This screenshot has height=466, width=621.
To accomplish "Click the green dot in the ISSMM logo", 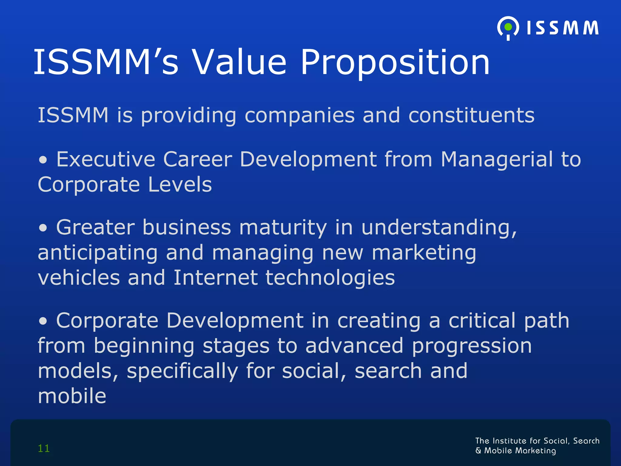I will (508, 27).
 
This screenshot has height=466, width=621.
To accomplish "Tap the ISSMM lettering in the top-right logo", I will (562, 28).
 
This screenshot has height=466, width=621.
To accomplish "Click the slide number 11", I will (44, 448).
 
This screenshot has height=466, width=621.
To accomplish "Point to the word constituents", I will (471, 115).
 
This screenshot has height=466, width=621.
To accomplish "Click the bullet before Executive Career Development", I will (43, 160).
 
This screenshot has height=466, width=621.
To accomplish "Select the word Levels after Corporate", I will (180, 184).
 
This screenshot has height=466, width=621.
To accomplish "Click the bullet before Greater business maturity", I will (43, 228).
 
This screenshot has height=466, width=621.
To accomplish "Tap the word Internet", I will (215, 278).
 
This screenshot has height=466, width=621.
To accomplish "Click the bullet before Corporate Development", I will (43, 321).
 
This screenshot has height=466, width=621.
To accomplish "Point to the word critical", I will (482, 320).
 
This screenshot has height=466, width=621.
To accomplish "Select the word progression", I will (472, 346).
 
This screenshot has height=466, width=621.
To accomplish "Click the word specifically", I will (182, 372).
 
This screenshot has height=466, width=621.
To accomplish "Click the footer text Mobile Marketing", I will (520, 451).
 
